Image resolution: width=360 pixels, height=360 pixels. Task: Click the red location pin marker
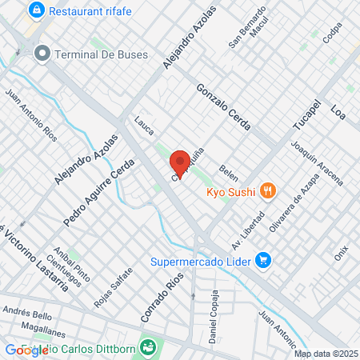click(x=180, y=162)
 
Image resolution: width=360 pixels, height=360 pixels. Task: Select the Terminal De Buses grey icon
click(x=42, y=54)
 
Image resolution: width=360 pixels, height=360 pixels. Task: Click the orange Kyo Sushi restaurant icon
click(x=269, y=191)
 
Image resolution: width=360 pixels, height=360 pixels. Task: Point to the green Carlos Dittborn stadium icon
click(x=147, y=346)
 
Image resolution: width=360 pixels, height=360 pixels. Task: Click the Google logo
click(x=26, y=350)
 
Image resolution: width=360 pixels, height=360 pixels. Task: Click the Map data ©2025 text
click(x=325, y=354)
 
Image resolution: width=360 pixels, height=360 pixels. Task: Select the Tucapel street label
click(x=306, y=118)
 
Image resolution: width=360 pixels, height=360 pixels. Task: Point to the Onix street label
click(x=342, y=254)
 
